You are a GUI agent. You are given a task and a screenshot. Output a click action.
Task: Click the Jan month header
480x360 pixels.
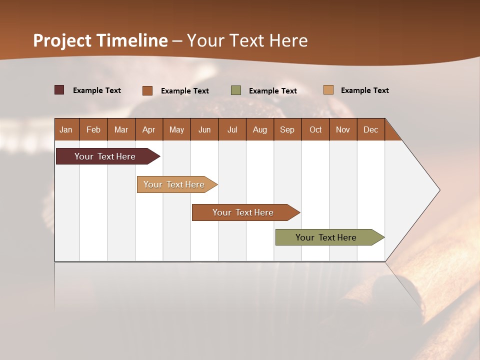point(66,129)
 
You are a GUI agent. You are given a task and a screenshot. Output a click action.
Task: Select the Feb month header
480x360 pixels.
point(93,129)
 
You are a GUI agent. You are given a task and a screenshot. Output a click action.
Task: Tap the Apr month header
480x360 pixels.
point(148,129)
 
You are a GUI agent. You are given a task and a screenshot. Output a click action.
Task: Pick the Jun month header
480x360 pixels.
point(204,129)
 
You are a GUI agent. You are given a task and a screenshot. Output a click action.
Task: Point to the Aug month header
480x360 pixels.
point(259,129)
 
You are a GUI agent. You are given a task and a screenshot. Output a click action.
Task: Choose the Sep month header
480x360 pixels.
point(287,129)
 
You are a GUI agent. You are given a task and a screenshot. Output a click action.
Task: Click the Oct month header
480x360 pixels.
point(315,129)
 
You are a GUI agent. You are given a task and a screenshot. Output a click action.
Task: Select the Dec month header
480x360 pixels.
point(370,129)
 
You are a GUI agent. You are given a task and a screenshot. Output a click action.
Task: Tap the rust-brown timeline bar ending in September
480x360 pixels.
point(243,212)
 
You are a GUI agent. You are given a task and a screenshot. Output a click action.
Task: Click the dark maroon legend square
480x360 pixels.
point(59,90)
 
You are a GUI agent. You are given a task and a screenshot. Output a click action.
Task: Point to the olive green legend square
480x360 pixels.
point(236,90)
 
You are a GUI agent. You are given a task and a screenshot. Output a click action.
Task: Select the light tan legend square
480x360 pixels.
point(328,90)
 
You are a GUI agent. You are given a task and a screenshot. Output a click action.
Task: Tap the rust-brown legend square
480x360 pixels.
point(147,90)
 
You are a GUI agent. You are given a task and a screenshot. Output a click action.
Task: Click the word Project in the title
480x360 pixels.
point(63,40)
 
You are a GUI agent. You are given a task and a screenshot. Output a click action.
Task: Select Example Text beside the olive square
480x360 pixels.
point(273,91)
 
